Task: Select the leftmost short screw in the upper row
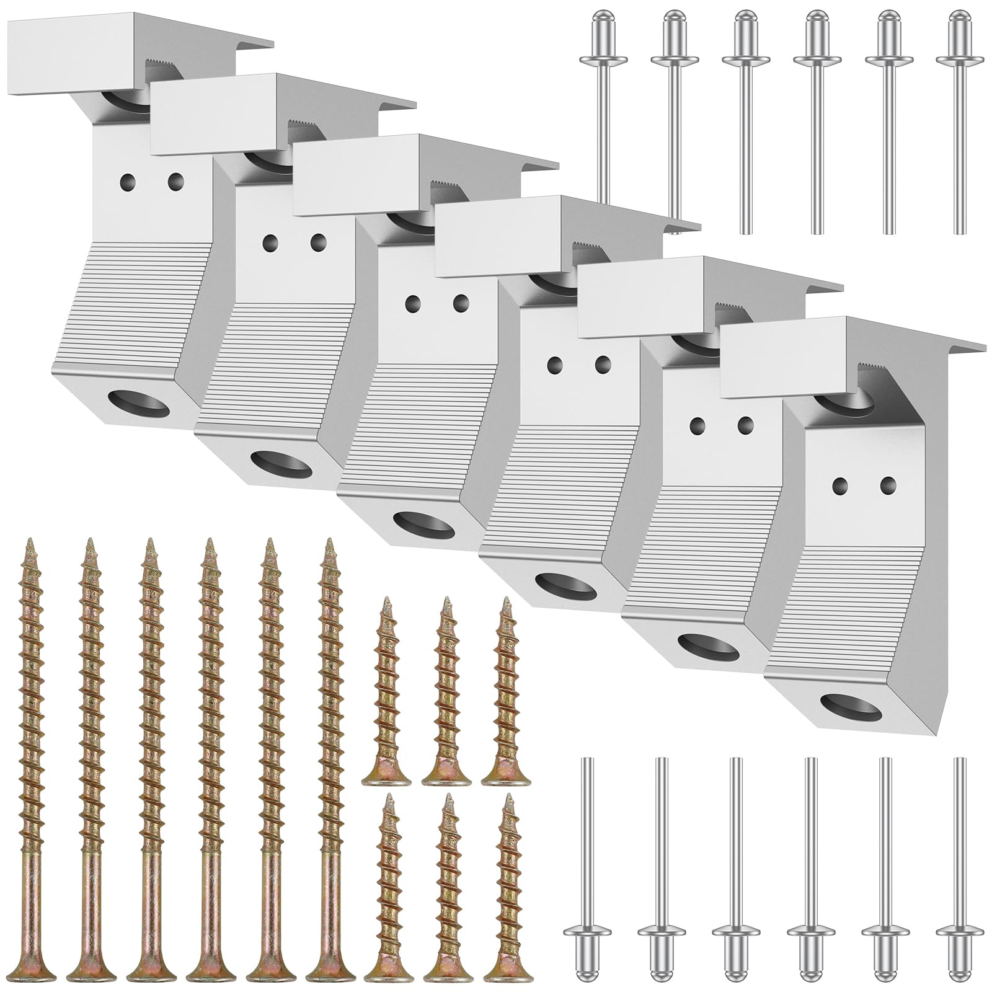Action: (387, 694)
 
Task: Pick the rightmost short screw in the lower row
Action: (508, 893)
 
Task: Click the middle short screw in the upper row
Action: (446, 694)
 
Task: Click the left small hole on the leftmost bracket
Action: (128, 181)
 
